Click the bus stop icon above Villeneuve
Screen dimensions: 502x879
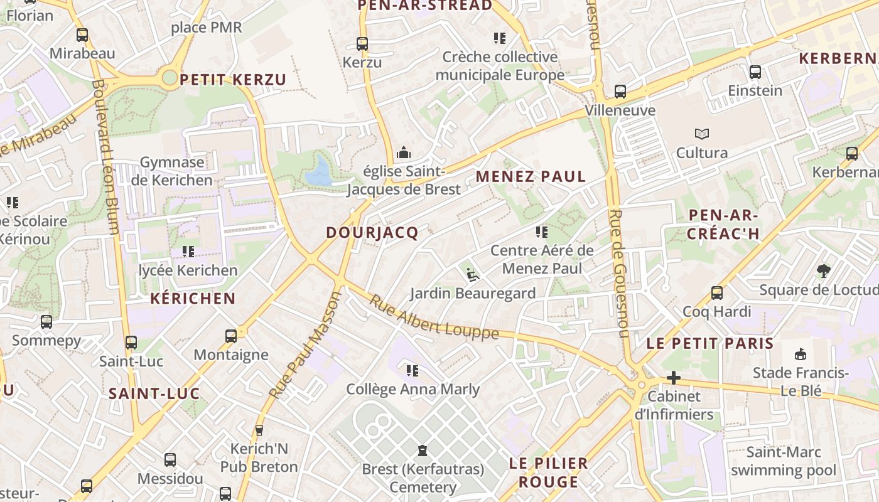[x=620, y=92]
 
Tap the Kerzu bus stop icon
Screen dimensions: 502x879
[x=362, y=44]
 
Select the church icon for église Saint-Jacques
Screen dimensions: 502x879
[x=403, y=152]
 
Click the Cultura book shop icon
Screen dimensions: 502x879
[x=701, y=134]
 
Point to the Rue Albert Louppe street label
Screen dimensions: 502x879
[x=433, y=318]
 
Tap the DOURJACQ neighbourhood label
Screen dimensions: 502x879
[x=372, y=233]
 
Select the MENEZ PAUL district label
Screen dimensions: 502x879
[x=531, y=177]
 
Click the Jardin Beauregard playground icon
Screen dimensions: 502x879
[x=473, y=274]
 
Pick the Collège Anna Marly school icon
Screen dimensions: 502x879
[x=413, y=371]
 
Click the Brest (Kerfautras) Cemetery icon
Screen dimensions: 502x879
[x=423, y=451]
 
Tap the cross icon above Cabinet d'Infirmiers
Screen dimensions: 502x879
[x=674, y=378]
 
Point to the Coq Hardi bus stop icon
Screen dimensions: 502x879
[x=716, y=293]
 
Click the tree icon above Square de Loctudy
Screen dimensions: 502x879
[x=824, y=271]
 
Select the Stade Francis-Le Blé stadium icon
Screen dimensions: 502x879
[x=801, y=355]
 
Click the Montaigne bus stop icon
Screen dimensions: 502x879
[x=231, y=336]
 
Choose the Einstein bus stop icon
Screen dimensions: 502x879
[x=755, y=72]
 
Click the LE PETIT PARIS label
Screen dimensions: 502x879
[x=710, y=344]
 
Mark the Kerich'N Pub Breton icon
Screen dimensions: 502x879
[x=259, y=430]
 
